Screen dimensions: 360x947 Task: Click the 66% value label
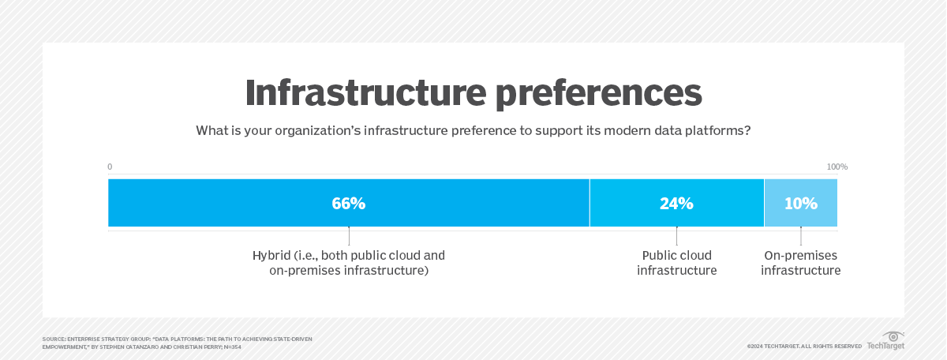pyautogui.click(x=348, y=203)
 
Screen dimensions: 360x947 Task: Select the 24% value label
pyautogui.click(x=676, y=203)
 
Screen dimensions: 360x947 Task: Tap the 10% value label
pyautogui.click(x=800, y=203)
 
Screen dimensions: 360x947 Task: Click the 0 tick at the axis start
pyautogui.click(x=110, y=167)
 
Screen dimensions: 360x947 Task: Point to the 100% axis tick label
pyautogui.click(x=837, y=167)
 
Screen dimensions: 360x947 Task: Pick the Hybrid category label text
pyautogui.click(x=349, y=263)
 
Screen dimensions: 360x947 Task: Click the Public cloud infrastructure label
pyautogui.click(x=676, y=263)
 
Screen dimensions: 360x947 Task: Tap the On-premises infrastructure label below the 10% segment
pyautogui.click(x=801, y=263)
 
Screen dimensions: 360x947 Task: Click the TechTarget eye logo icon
pyautogui.click(x=892, y=336)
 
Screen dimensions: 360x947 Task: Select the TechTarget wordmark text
pyautogui.click(x=885, y=346)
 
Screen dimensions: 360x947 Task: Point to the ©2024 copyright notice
pyautogui.click(x=804, y=346)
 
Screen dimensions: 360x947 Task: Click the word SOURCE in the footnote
pyautogui.click(x=54, y=339)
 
